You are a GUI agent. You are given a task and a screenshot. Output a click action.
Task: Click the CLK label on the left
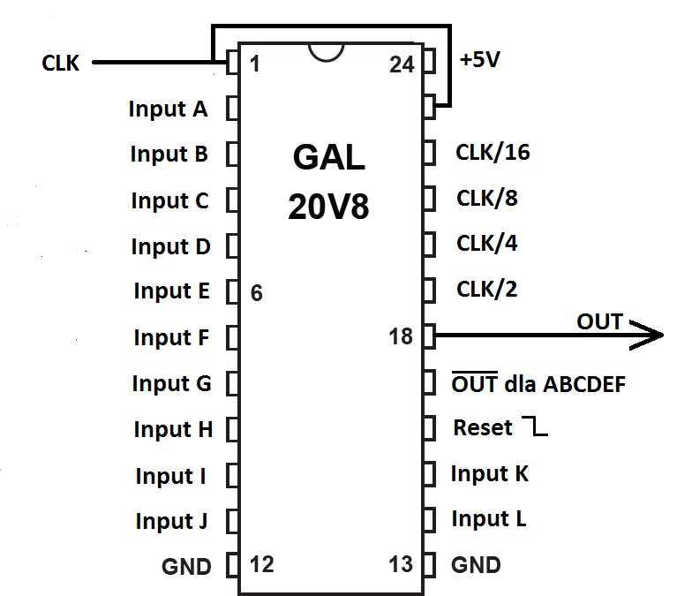pos(60,64)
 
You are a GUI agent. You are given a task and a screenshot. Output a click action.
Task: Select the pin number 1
pos(255,64)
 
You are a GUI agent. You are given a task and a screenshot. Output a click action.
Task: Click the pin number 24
pos(402,64)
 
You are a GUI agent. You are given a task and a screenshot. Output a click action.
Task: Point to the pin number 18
pos(401,336)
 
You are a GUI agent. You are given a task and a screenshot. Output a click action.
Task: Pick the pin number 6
pos(256,293)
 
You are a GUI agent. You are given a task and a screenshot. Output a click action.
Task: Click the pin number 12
pos(263,564)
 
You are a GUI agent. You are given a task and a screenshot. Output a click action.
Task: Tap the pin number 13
pos(401,564)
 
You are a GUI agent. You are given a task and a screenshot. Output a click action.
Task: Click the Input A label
pos(169,109)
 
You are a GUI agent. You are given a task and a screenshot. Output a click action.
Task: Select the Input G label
pos(172,384)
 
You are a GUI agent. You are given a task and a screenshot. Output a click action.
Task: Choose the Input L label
pos(488,519)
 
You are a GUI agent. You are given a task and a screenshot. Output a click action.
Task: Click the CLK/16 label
pos(493,153)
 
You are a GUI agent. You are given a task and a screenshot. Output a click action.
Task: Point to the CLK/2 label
pos(486,289)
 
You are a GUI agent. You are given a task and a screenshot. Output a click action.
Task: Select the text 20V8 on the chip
pos(328,207)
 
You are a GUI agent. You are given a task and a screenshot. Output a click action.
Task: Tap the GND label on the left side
pos(186,566)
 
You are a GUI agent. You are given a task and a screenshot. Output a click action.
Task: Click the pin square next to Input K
pos(429,473)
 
